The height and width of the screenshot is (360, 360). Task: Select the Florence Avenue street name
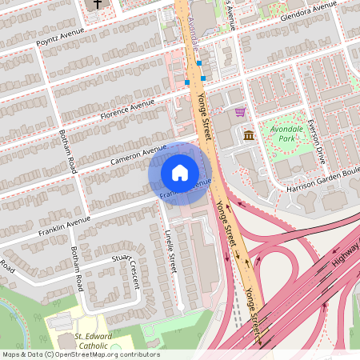pyautogui.click(x=127, y=109)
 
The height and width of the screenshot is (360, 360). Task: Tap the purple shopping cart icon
pyautogui.click(x=239, y=112)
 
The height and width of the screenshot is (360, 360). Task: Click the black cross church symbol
pyautogui.click(x=98, y=4)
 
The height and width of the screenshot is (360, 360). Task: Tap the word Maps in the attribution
pyautogui.click(x=12, y=354)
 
